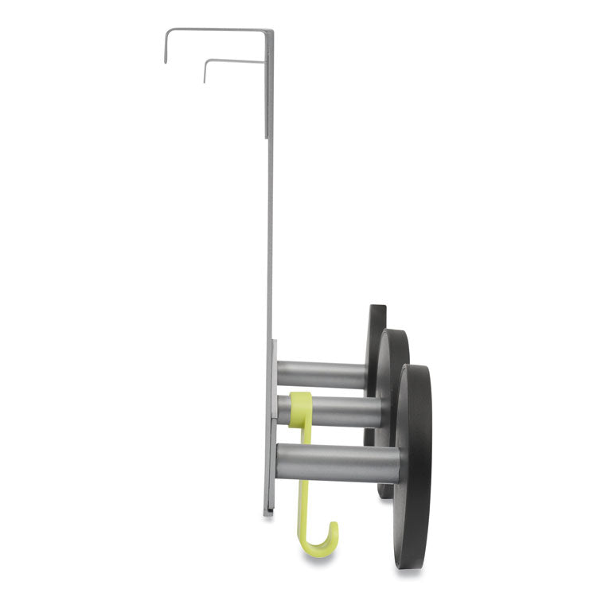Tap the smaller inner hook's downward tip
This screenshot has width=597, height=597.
[x=205, y=80]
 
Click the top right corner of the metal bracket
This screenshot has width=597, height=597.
[x=271, y=32]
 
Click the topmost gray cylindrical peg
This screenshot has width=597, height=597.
[x=322, y=373]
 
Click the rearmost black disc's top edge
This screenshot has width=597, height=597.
[x=377, y=307]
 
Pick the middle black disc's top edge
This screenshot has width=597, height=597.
[x=392, y=331]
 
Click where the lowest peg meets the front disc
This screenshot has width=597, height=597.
[x=396, y=462]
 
